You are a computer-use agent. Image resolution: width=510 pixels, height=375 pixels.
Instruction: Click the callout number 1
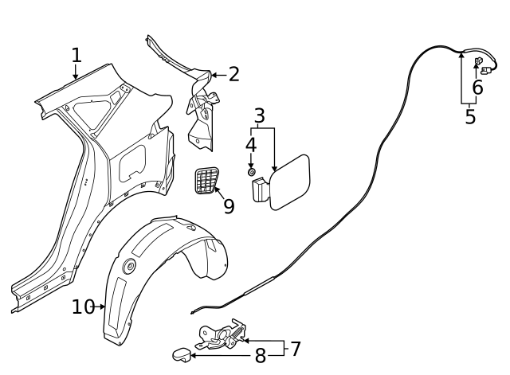[x=76, y=56]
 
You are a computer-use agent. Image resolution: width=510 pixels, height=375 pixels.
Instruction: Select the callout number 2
[x=233, y=75]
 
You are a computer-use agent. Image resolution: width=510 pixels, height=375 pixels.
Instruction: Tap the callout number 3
[x=259, y=116]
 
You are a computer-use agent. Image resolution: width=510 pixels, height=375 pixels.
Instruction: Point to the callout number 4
[x=250, y=146]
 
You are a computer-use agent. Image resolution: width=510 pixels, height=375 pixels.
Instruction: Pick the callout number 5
[x=470, y=116]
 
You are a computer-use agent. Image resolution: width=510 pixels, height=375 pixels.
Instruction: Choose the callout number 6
[x=477, y=88]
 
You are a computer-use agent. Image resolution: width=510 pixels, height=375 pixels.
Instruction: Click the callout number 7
[x=295, y=349]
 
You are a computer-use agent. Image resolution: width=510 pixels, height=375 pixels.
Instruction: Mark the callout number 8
[x=260, y=356]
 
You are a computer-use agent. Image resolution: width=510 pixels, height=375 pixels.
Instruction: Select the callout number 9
[x=229, y=206]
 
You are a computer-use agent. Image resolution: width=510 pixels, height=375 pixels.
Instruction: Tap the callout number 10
[x=83, y=307]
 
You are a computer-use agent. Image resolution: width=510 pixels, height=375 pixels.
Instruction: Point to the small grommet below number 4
[x=251, y=171]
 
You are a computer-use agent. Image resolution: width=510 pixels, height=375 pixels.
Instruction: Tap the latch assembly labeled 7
[x=219, y=335]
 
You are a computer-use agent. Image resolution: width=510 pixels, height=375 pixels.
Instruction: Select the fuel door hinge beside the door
[x=261, y=191]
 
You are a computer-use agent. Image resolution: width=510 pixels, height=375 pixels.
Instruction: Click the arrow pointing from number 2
[x=217, y=75]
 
